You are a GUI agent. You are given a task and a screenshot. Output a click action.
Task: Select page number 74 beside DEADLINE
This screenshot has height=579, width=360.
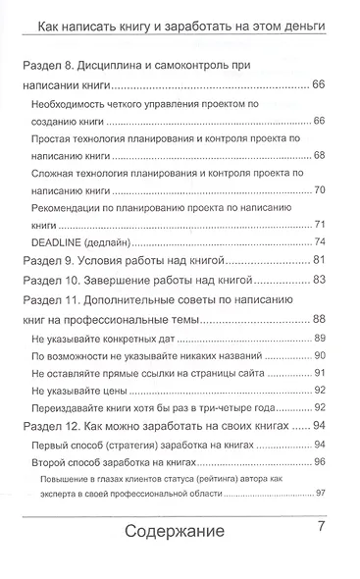pos(319,241)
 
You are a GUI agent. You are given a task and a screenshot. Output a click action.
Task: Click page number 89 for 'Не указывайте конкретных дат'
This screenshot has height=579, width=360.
pos(319,337)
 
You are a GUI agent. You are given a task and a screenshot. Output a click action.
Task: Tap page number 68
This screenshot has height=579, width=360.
pos(319,155)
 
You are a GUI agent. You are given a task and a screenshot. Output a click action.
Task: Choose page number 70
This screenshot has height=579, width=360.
pos(319,188)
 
